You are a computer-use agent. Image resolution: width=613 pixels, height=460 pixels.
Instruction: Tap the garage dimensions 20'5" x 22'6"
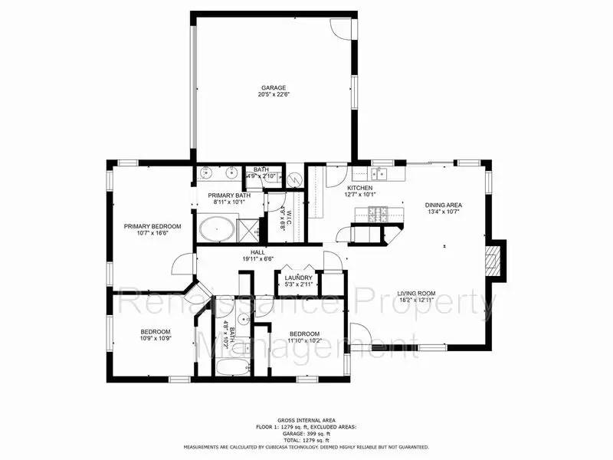point(273,96)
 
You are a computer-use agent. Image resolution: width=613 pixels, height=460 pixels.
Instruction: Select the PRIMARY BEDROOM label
point(152,226)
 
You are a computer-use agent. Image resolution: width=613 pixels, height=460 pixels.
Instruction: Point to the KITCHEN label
point(360,188)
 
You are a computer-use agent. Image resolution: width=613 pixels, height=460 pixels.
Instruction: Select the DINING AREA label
point(443,205)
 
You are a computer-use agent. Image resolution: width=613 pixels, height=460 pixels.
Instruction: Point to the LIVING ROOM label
point(416,292)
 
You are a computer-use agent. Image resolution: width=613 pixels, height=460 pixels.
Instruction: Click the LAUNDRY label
point(297,278)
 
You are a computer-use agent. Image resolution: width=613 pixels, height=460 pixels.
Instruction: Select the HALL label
point(257,251)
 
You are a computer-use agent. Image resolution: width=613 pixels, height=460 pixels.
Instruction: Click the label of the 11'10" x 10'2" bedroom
point(304,334)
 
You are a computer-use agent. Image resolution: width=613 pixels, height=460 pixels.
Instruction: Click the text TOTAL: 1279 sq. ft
point(306,441)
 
